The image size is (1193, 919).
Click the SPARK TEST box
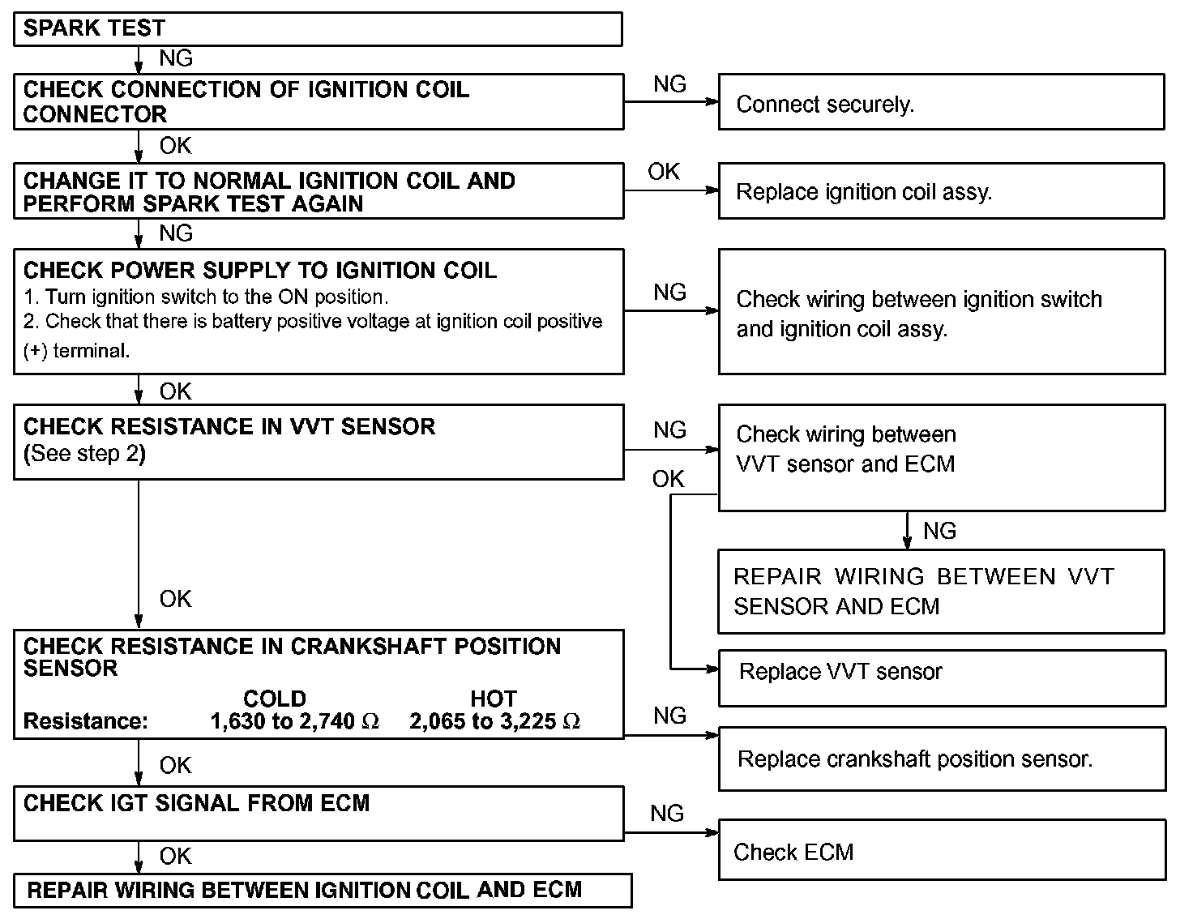click(x=318, y=29)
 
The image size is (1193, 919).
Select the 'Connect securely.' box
click(x=941, y=102)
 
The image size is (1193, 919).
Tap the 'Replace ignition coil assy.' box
click(x=941, y=191)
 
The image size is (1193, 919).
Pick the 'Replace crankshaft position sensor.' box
click(x=941, y=759)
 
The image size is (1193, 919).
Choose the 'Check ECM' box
click(x=941, y=850)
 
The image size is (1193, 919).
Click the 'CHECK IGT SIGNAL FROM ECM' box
click(x=318, y=813)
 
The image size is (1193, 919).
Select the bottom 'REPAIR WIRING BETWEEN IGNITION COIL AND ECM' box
click(x=322, y=890)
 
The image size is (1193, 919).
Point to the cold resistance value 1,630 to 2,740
click(x=294, y=721)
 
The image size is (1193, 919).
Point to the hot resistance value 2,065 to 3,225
click(x=494, y=721)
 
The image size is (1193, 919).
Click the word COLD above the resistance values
click(x=275, y=699)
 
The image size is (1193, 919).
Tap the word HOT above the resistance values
click(x=494, y=699)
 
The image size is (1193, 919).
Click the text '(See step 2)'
click(x=84, y=453)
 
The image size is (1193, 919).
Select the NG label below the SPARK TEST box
click(x=176, y=58)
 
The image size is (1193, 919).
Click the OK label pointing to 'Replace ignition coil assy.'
click(x=664, y=172)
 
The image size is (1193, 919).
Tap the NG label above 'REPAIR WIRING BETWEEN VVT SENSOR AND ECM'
click(x=939, y=531)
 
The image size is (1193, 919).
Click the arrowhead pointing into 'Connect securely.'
click(x=712, y=102)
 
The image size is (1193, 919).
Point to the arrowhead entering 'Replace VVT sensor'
click(x=712, y=669)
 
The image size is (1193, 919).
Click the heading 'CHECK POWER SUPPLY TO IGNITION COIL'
click(x=260, y=271)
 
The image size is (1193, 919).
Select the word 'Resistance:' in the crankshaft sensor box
click(x=86, y=721)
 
